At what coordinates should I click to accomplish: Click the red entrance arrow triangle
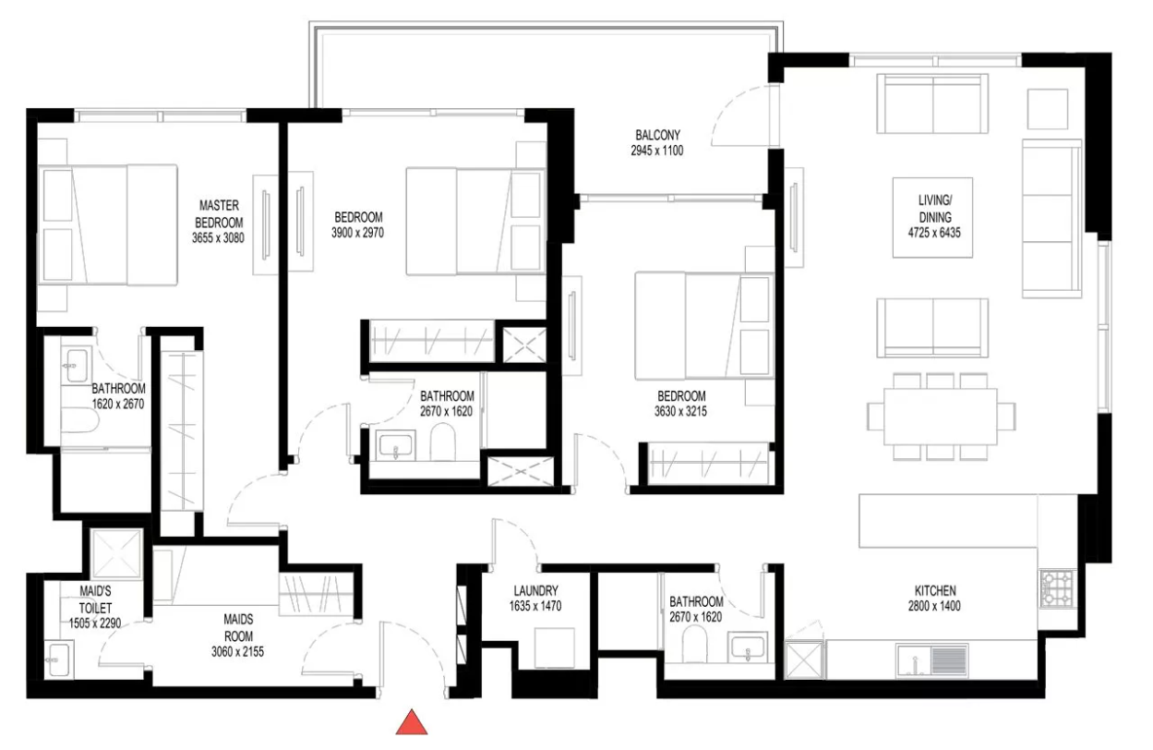(x=412, y=722)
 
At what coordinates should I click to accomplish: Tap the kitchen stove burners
(x=1058, y=587)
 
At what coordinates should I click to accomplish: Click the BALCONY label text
(x=657, y=135)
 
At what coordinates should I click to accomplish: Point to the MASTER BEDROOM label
(x=219, y=213)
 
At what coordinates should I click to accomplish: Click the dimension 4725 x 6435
(x=934, y=233)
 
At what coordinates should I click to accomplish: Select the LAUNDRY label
(x=535, y=590)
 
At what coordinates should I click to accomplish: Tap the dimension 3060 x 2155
(x=237, y=651)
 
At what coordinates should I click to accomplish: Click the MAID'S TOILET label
(x=95, y=599)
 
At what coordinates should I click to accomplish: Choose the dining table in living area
(x=941, y=417)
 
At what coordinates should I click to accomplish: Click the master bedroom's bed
(x=108, y=225)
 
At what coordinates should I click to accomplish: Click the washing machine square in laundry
(x=555, y=647)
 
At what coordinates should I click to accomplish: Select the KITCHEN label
(x=935, y=590)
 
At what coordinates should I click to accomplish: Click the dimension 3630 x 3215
(x=680, y=412)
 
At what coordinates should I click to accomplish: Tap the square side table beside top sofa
(x=1048, y=109)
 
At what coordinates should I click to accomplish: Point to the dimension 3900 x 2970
(x=358, y=233)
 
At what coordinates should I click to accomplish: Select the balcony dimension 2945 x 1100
(x=657, y=151)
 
